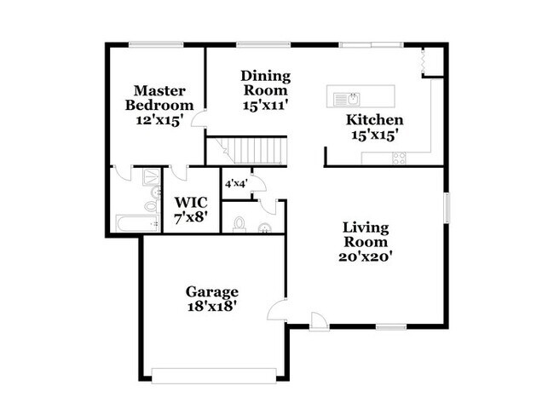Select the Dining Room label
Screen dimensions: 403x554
tap(265, 82)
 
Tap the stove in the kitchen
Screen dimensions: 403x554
tap(398, 157)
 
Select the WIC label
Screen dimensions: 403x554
tap(190, 202)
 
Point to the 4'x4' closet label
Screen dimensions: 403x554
tap(234, 183)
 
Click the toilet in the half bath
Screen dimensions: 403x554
tap(239, 223)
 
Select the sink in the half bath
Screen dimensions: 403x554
tap(265, 227)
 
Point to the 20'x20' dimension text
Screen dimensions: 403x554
tap(366, 255)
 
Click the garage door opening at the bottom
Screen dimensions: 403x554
tap(214, 371)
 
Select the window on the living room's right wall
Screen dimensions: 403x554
tap(445, 209)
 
